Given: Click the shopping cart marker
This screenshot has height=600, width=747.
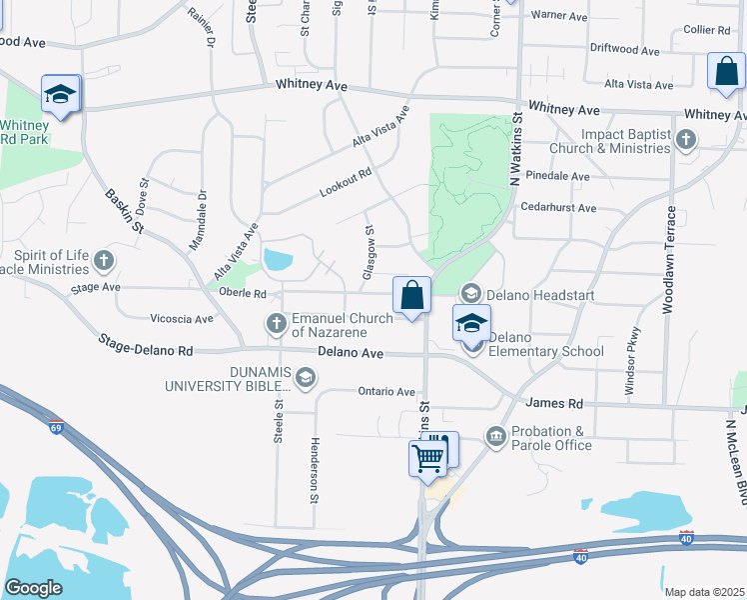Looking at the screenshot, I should click(x=428, y=458).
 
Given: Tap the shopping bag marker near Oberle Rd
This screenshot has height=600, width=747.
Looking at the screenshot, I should click(x=411, y=295).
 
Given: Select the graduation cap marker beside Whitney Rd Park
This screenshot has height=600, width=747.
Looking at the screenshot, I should click(x=61, y=94).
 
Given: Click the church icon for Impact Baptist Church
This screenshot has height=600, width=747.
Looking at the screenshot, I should click(x=686, y=140).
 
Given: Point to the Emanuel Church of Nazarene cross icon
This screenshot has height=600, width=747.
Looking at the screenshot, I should click(x=277, y=323).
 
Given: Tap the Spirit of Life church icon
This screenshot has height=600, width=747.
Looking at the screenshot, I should click(x=103, y=262).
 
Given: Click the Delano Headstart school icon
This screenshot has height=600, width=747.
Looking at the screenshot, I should click(x=470, y=294).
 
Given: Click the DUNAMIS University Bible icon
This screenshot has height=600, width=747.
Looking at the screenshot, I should click(x=305, y=377).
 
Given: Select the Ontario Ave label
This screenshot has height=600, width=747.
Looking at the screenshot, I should click(x=386, y=392).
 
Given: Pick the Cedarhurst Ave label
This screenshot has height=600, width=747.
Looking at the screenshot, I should click(x=558, y=208).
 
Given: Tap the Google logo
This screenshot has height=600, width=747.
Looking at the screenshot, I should click(x=33, y=587).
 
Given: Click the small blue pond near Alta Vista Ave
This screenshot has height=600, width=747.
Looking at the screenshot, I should click(x=278, y=261).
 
